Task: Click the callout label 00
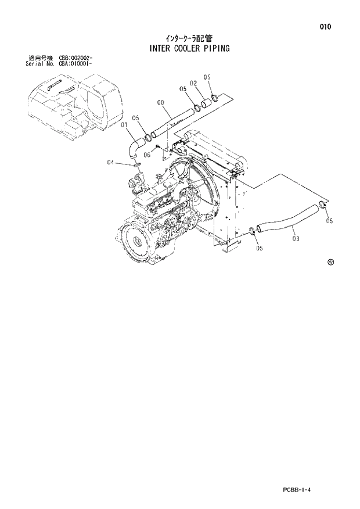[x=161, y=102]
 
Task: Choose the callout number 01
[x=124, y=124]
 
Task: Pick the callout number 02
[x=193, y=83]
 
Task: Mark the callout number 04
[x=110, y=163]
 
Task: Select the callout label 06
[x=147, y=155]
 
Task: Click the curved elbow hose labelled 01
[x=135, y=145]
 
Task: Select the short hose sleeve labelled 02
[x=204, y=105]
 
